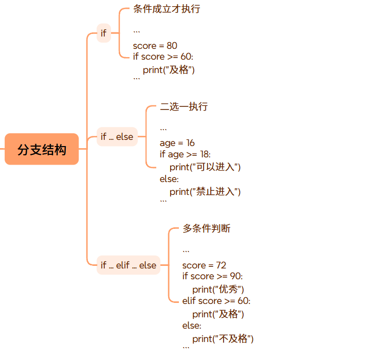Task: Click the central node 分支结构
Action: coord(42,149)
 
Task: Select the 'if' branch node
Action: coord(104,33)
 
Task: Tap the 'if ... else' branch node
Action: coord(117,137)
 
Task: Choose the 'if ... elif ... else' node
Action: coord(129,265)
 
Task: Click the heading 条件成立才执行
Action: coord(167,9)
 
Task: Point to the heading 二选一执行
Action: coord(184,107)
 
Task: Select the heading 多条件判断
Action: coord(207,228)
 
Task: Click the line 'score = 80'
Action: coord(155,46)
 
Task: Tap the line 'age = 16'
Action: coord(177,143)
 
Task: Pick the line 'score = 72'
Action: coord(204,265)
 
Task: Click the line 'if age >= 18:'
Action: coord(185,154)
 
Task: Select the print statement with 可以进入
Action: coord(205,167)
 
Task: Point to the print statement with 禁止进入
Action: coord(205,192)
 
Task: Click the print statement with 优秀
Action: coord(218,289)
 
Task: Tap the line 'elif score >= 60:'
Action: coord(216,301)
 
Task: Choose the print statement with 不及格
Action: coord(223,339)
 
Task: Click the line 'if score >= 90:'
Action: coord(212,277)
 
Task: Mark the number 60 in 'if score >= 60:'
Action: coord(186,57)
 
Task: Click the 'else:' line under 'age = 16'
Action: coord(169,179)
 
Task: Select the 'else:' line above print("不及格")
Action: coord(192,326)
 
